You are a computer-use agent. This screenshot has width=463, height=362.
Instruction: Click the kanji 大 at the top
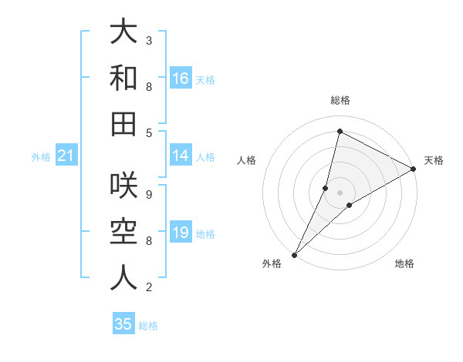click(x=123, y=32)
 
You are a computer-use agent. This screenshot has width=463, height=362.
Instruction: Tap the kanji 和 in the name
click(x=123, y=78)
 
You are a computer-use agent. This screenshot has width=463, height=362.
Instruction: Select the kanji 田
click(x=123, y=123)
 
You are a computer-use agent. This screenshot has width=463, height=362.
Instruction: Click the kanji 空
click(x=123, y=232)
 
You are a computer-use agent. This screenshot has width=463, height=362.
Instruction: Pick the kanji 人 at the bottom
click(x=123, y=277)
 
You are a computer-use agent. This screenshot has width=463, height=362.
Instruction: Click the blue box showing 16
click(x=181, y=79)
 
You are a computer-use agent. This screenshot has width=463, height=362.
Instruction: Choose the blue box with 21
click(x=66, y=156)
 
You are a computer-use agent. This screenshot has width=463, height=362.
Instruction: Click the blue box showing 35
click(x=123, y=324)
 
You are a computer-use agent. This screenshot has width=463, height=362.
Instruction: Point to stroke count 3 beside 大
click(x=149, y=39)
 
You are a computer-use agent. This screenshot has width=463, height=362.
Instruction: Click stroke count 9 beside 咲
click(x=149, y=194)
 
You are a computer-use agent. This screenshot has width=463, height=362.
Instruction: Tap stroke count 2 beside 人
click(x=149, y=287)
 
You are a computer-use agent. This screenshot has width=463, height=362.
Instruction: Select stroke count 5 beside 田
click(x=149, y=132)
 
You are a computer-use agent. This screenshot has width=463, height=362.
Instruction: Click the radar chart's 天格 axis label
click(x=434, y=160)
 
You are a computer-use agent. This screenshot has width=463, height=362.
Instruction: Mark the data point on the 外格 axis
click(x=294, y=255)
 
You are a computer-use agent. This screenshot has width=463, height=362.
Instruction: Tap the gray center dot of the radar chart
click(x=340, y=193)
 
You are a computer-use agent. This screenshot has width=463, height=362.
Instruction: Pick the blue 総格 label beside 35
click(x=149, y=326)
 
